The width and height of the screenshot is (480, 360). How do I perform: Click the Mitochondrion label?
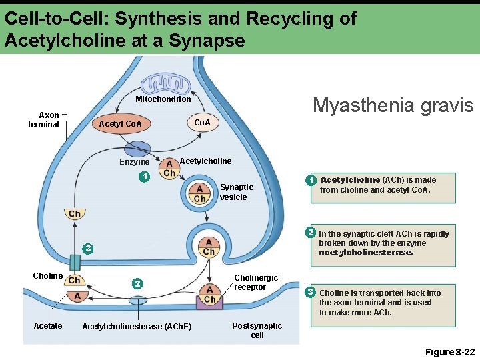coord(163,99)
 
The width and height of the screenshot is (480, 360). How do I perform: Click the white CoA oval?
coord(201,123)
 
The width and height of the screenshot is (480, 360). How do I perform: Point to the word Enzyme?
coord(135,162)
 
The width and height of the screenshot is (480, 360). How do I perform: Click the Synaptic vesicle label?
coord(237,192)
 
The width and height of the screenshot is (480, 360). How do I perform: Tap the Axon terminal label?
coord(43,120)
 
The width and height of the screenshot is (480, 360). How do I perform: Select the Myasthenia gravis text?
coord(393,105)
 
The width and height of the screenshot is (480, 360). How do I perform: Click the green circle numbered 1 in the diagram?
coord(143,177)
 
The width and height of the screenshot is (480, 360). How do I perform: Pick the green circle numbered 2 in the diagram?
coord(137,283)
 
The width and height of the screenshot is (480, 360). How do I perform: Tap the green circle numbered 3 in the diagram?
coord(86,249)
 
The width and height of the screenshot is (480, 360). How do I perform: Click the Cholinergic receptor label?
coord(256,282)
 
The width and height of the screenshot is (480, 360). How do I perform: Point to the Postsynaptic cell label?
coord(257,330)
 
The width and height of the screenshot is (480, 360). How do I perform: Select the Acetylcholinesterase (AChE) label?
coord(136,326)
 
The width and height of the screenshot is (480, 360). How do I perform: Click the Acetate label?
coord(48,325)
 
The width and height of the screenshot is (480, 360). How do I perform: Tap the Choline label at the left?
coord(48,275)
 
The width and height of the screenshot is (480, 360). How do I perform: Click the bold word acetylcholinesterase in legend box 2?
coord(366,253)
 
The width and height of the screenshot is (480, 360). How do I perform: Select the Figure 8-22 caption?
coord(450,351)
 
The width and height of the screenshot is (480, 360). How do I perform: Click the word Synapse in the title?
coord(207,41)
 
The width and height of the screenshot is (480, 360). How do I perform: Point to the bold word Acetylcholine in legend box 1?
coord(350,179)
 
